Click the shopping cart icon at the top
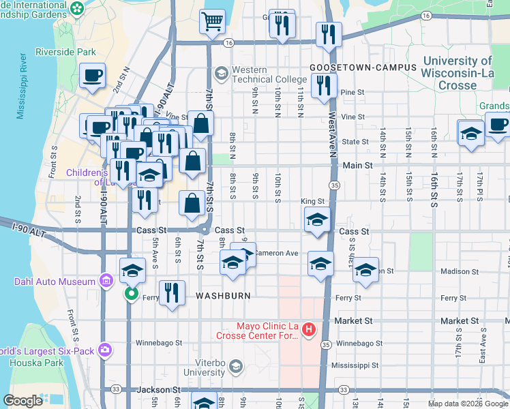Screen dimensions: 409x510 coord(213,21)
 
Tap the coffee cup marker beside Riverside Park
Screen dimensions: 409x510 coord(93,76)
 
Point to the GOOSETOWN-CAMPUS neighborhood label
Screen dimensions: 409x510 coord(363,67)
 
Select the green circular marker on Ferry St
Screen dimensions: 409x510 coord(131,295)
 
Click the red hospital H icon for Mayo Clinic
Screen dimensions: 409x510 coord(308,330)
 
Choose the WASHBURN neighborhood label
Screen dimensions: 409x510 coord(224,297)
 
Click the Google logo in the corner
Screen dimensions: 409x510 coord(22,401)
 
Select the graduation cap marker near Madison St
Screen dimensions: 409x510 coord(365,269)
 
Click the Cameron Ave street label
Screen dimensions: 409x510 coord(277,253)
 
